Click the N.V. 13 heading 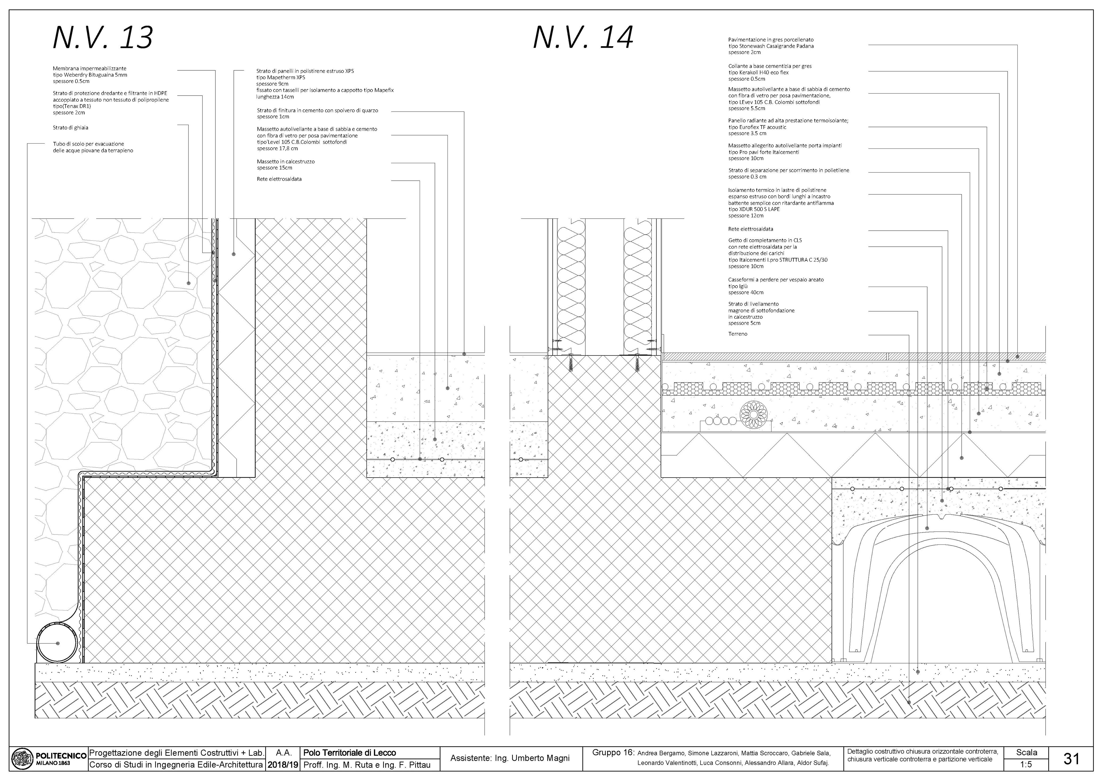(x=103, y=37)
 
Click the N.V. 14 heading (x=583, y=37)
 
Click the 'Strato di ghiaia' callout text (x=71, y=128)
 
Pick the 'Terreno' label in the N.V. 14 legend (x=737, y=334)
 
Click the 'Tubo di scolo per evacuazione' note (x=88, y=144)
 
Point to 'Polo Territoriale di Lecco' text (x=350, y=753)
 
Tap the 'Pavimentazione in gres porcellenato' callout (x=771, y=40)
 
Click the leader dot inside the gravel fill (x=189, y=283)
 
